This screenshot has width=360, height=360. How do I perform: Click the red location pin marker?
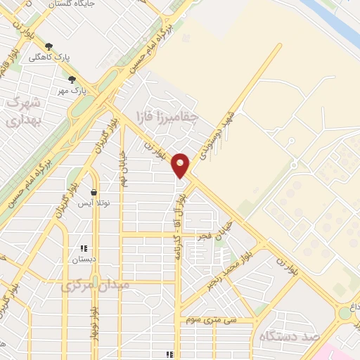pos(181,165)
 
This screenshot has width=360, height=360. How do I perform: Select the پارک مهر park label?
pos(72,91)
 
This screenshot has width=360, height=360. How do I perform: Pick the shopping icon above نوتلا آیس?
pos(94,192)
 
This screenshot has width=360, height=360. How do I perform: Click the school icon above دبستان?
pos(84,248)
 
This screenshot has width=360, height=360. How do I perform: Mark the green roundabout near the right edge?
pos(345,311)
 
